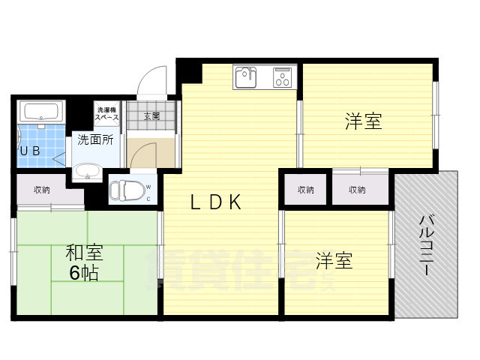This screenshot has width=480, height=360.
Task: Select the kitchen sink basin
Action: pyautogui.click(x=247, y=76)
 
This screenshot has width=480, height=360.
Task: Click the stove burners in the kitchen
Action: pyautogui.click(x=282, y=76)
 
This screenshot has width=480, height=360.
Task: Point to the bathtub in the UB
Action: pyautogui.click(x=42, y=113)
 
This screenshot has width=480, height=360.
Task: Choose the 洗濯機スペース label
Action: pyautogui.click(x=106, y=114)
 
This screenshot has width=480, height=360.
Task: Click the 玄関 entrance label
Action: pyautogui.click(x=151, y=115)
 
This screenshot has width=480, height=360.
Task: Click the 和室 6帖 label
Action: pyautogui.click(x=83, y=262)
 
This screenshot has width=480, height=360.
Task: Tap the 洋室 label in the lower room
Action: pyautogui.click(x=333, y=262)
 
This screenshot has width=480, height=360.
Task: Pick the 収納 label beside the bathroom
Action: pyautogui.click(x=42, y=190)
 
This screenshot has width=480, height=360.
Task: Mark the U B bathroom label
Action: pyautogui.click(x=29, y=151)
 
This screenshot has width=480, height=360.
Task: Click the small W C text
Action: pyautogui.click(x=148, y=193)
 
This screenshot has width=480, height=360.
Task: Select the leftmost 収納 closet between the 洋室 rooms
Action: pyautogui.click(x=304, y=190)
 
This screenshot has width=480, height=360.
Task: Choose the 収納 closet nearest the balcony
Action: pyautogui.click(x=357, y=190)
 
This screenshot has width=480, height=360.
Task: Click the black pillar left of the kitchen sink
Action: pyautogui.click(x=190, y=71)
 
